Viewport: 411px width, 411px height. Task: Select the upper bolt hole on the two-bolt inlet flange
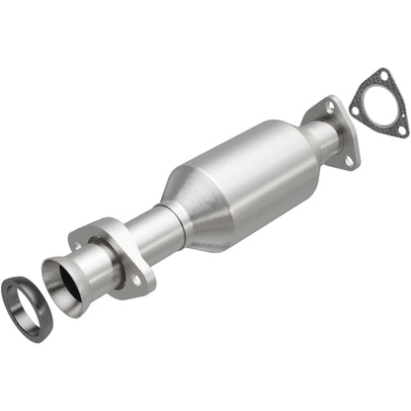click(x=76, y=239)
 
